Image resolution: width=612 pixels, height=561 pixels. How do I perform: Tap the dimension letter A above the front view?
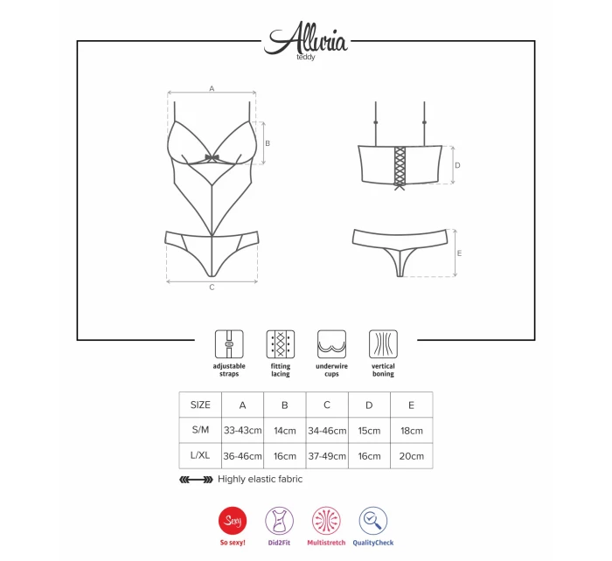pyautogui.click(x=212, y=88)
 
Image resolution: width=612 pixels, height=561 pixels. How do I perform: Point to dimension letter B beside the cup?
pyautogui.click(x=268, y=143)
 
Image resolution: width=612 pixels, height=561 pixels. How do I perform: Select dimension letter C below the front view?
pyautogui.click(x=212, y=287)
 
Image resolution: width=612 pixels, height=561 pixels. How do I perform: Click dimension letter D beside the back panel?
pyautogui.click(x=457, y=164)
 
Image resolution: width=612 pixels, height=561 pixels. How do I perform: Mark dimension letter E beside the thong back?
pyautogui.click(x=460, y=253)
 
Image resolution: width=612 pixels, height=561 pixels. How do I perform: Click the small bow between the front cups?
pyautogui.click(x=212, y=158)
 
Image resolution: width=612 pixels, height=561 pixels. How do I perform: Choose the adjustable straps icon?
pyautogui.click(x=229, y=342)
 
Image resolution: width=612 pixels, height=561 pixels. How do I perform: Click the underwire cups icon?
pyautogui.click(x=331, y=342)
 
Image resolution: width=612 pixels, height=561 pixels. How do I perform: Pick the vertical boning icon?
pyautogui.click(x=383, y=342)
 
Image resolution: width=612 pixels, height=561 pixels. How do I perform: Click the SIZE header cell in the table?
pyautogui.click(x=200, y=405)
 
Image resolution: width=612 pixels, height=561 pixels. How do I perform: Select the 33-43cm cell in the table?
pyautogui.click(x=242, y=431)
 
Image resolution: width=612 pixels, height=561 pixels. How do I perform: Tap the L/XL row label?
pyautogui.click(x=200, y=455)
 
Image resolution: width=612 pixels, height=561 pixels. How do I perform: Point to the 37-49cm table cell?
pyautogui.click(x=327, y=455)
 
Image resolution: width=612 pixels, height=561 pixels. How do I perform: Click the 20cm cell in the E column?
pyautogui.click(x=411, y=455)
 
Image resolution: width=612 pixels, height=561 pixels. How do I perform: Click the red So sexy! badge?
pyautogui.click(x=232, y=522)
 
